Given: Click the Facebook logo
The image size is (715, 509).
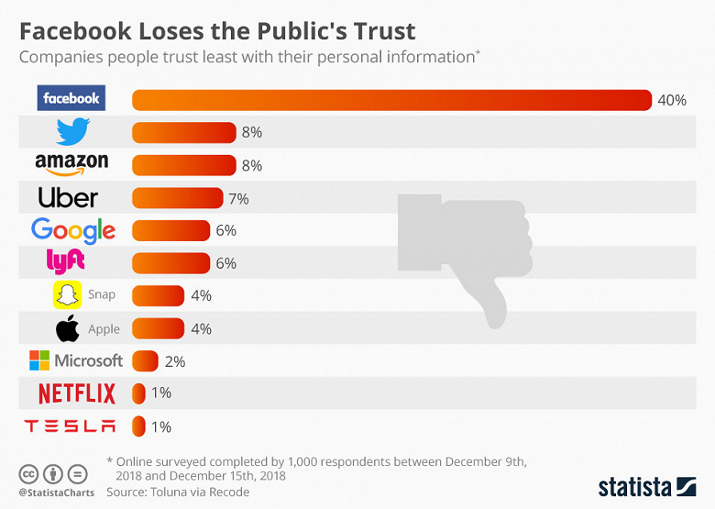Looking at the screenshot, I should (71, 98).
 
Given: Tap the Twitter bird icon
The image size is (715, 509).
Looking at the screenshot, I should (72, 132).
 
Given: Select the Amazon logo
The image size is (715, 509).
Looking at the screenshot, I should (71, 164).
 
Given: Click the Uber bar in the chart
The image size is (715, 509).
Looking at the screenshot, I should (178, 198).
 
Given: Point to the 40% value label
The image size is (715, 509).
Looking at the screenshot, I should (672, 100).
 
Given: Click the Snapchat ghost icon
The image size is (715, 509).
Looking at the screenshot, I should (66, 295).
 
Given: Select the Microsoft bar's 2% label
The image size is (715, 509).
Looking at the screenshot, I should (174, 361).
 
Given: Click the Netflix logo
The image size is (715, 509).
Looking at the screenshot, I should (77, 394).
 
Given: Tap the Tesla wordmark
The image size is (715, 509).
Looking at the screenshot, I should (71, 426).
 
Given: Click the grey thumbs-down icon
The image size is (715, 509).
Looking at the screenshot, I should (463, 257).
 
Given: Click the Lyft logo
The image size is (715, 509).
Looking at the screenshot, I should (65, 261).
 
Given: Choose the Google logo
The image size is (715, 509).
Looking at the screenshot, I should (73, 230).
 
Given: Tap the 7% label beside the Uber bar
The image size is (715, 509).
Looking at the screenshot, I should (238, 198).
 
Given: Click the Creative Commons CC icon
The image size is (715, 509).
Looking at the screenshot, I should (27, 474).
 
